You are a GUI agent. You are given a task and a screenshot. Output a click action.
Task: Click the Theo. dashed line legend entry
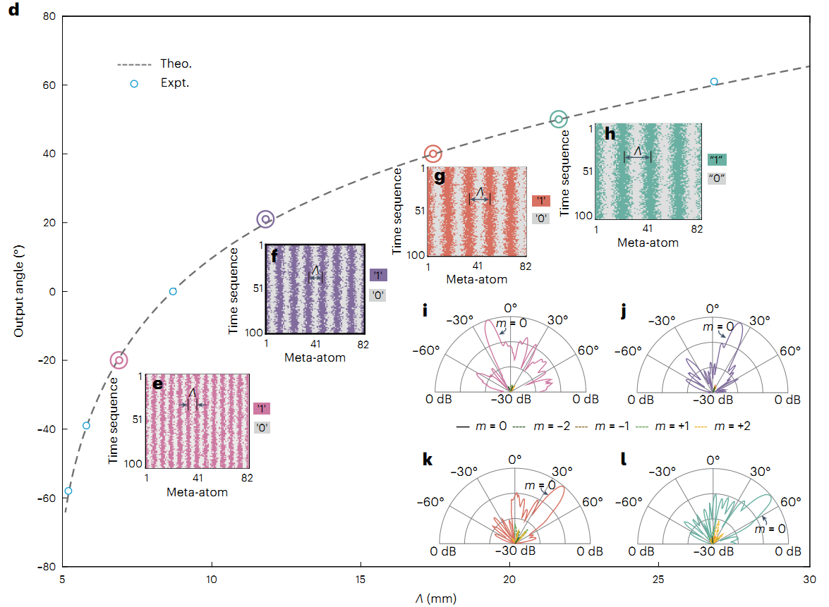pos(135,64)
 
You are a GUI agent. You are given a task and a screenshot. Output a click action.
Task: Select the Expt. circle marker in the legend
pos(134,84)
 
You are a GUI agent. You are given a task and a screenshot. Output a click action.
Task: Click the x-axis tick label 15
pos(361,580)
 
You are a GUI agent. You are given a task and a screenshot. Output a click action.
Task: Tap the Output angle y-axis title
pos(20,291)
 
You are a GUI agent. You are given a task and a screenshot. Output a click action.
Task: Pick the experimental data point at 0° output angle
pos(173,292)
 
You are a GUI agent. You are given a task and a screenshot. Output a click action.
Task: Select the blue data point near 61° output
pos(714,82)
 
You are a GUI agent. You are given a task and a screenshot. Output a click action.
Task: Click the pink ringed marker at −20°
pos(119,360)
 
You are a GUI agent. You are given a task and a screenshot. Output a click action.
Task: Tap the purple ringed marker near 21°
pos(265,219)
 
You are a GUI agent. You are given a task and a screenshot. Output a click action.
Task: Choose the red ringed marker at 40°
pos(433,153)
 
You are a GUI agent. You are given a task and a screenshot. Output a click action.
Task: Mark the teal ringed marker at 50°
pos(558,119)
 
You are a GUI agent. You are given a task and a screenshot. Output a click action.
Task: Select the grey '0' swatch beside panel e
pos(262,427)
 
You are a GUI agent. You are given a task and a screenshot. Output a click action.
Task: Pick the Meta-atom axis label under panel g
pos(477,279)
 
